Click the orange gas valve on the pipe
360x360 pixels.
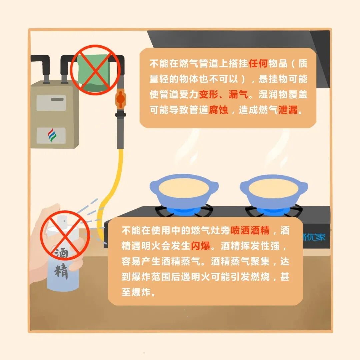120,99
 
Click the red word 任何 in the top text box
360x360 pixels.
258,63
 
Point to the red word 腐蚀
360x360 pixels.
218,110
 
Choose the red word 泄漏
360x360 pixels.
288,110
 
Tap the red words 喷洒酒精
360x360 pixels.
250,230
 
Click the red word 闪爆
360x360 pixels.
200,246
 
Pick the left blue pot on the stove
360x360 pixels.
184,191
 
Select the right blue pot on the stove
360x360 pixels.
274,191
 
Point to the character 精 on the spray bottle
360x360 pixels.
61,271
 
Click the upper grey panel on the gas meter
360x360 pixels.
51,103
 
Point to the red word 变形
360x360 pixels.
208,94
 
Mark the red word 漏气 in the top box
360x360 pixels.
238,94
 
